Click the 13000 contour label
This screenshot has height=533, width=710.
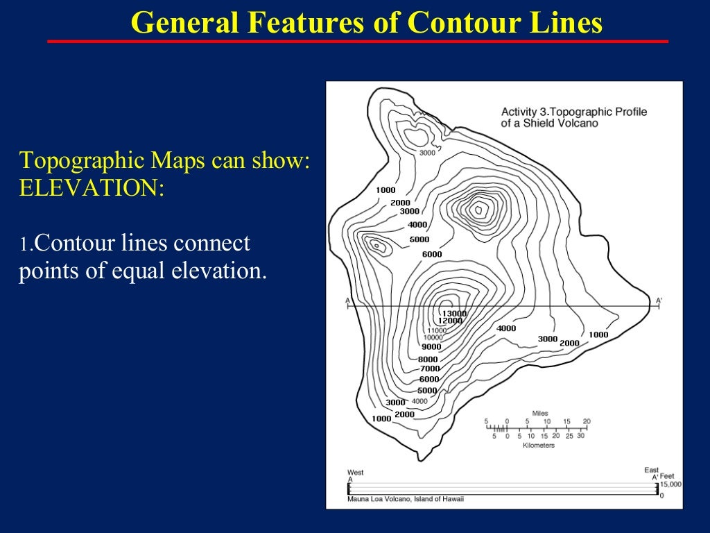pos(454,314)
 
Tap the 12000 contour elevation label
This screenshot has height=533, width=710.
pos(450,321)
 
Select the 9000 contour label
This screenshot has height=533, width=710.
pos(431,346)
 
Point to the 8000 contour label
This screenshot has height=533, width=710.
pos(428,359)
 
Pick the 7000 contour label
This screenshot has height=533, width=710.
pos(430,369)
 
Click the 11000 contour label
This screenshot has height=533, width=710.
pos(437,330)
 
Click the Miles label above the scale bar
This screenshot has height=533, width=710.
pos(539,413)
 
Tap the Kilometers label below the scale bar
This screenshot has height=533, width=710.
pos(538,446)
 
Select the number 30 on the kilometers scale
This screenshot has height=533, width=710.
pos(580,436)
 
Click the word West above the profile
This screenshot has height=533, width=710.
pos(355,472)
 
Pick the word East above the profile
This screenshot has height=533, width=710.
pos(651,471)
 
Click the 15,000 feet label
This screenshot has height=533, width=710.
pos(670,485)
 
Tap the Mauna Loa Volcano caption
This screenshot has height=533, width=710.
pos(406,499)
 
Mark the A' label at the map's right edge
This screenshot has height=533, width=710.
pos(659,301)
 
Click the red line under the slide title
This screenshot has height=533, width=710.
pos(357,42)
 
